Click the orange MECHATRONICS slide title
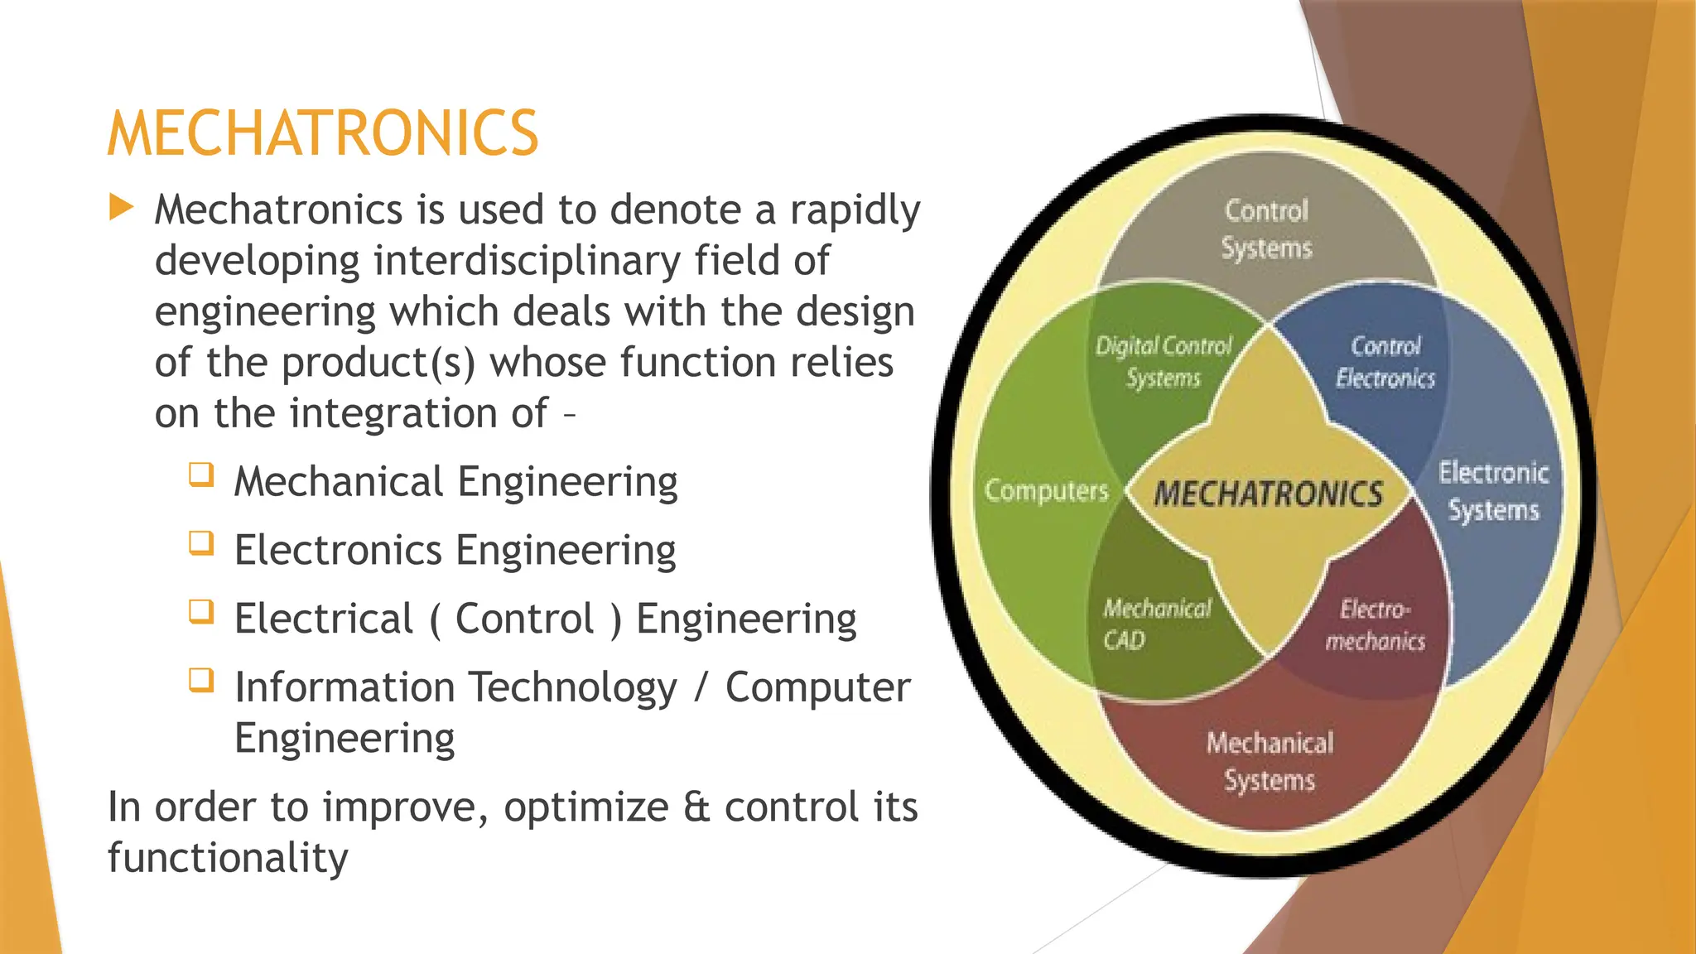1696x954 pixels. [323, 133]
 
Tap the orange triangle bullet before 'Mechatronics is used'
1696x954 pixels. [121, 207]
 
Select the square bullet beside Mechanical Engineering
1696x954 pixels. [201, 475]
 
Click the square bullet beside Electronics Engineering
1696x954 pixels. [201, 543]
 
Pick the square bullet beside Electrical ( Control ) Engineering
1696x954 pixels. [201, 612]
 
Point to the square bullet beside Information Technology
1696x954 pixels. [201, 681]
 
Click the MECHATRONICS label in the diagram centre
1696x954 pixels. [1268, 494]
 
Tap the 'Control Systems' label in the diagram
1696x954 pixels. [1267, 229]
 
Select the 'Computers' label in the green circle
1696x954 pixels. [1046, 491]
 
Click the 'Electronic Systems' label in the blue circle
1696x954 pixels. [1493, 491]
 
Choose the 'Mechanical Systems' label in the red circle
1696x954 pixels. [1270, 761]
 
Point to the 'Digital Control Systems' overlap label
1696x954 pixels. [1164, 362]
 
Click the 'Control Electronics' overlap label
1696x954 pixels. [1385, 362]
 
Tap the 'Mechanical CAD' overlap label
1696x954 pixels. [1156, 624]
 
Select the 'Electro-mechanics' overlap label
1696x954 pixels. [1376, 624]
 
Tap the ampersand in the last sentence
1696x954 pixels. [697, 807]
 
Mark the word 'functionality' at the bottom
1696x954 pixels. [228, 858]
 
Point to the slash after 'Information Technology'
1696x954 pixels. [701, 687]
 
